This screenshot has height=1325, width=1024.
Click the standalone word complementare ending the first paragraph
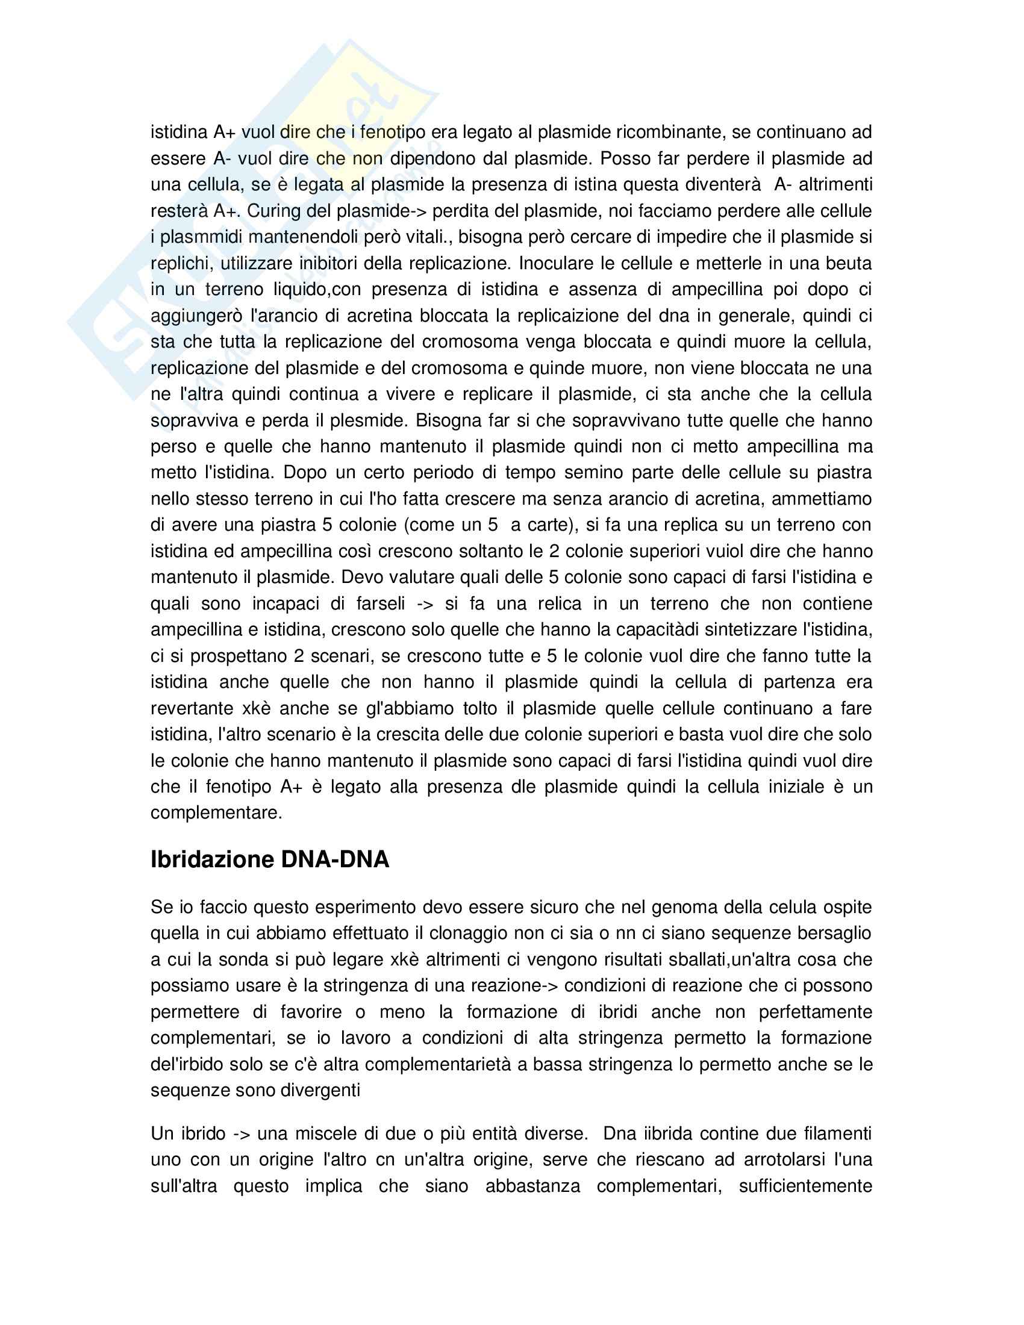click(x=217, y=813)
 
